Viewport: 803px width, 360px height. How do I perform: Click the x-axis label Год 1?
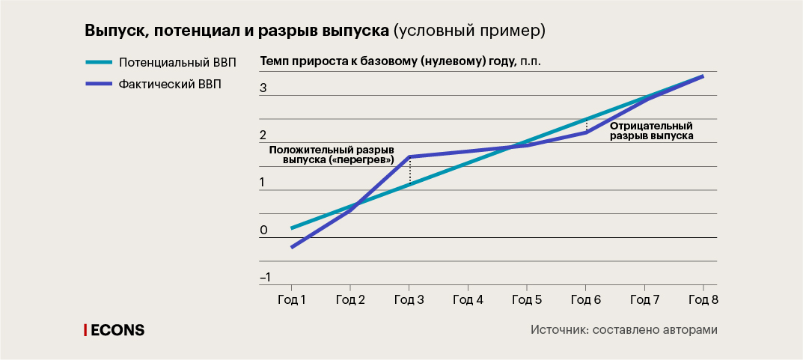point(291,300)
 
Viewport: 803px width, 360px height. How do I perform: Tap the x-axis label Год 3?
point(409,300)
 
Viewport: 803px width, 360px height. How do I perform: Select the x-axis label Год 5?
point(526,300)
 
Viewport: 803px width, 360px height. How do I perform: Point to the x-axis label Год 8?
point(703,300)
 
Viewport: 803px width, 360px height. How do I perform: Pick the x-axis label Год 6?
point(585,300)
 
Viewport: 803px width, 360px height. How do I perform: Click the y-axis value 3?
point(263,88)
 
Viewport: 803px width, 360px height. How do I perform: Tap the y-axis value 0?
point(263,231)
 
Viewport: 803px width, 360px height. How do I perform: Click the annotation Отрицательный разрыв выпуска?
point(651,131)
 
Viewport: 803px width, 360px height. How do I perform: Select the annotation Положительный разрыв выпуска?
point(332,155)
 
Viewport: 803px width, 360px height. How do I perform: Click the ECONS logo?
point(114,329)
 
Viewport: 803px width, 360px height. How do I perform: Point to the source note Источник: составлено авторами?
point(624,330)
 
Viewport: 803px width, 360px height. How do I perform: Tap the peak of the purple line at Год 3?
point(409,157)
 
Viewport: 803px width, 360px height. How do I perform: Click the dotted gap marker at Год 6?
point(586,126)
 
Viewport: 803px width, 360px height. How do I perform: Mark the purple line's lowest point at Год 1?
point(292,247)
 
